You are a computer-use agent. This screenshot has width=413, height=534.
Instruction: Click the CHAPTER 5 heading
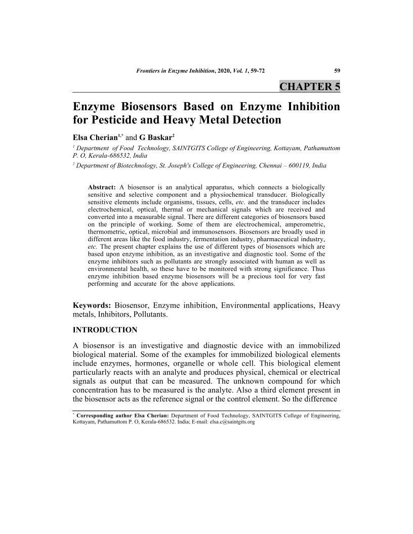(x=310, y=86)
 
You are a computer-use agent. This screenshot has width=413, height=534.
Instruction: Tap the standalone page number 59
(x=337, y=71)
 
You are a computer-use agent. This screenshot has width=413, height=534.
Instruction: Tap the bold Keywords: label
(x=92, y=305)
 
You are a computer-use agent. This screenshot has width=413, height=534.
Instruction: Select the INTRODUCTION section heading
(x=105, y=330)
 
